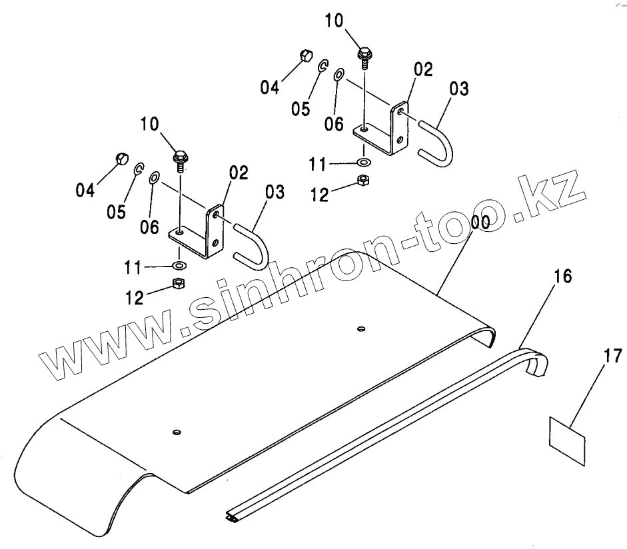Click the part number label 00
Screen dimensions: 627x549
pyautogui.click(x=480, y=223)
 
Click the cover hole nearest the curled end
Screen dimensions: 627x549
pyautogui.click(x=176, y=432)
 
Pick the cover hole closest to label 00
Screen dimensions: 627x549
pyautogui.click(x=360, y=328)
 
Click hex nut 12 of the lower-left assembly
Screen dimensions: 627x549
pyautogui.click(x=179, y=284)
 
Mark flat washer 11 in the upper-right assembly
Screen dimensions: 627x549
pyautogui.click(x=364, y=162)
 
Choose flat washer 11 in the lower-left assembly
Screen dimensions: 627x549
pyautogui.click(x=179, y=265)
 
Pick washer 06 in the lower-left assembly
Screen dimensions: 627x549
pyautogui.click(x=154, y=178)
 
